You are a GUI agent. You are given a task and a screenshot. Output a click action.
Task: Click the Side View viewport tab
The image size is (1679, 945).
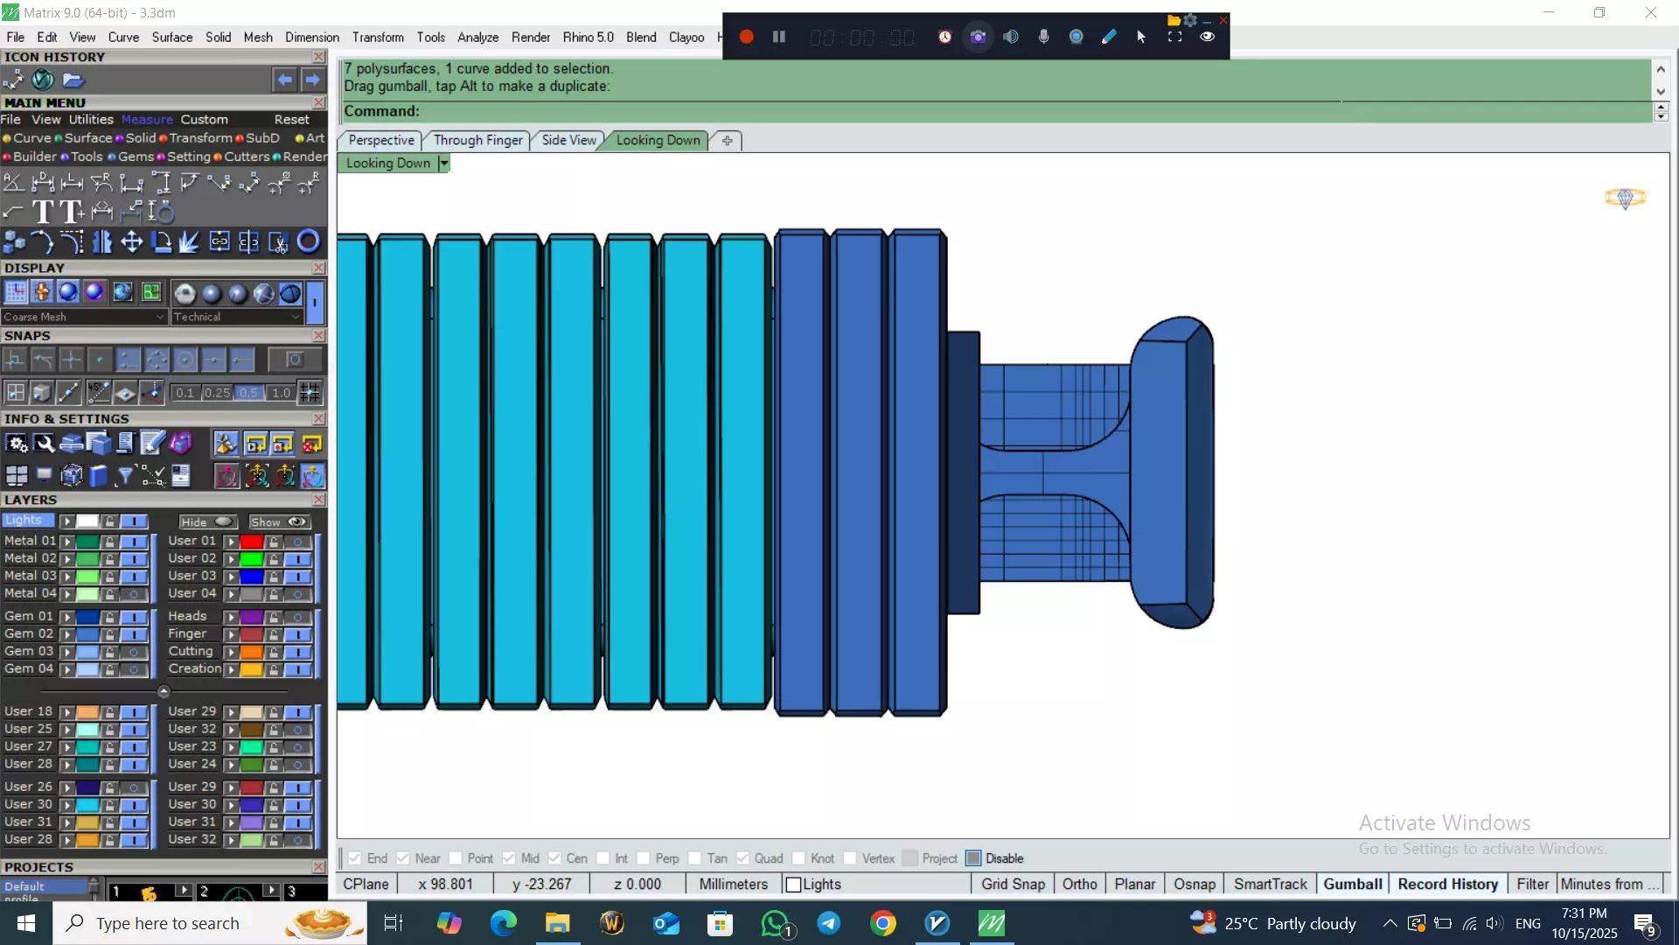568,140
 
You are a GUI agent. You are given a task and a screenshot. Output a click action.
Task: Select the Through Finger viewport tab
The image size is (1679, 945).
477,140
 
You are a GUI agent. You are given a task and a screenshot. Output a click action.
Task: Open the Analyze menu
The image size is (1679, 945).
477,37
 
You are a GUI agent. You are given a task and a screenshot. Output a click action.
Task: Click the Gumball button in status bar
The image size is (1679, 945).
1352,884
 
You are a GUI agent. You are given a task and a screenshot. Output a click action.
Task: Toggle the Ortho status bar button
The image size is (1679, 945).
1079,884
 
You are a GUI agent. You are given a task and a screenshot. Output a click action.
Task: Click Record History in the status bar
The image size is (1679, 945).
1447,884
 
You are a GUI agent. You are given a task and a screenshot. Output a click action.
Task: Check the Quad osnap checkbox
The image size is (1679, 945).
743,858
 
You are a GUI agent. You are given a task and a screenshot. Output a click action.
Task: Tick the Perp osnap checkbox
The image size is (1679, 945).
644,858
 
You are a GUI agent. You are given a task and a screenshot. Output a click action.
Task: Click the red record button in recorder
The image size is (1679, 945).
746,37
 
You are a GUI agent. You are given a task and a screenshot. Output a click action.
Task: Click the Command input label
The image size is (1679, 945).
381,111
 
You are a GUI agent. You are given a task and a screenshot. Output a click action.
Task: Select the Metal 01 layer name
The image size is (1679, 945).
30,541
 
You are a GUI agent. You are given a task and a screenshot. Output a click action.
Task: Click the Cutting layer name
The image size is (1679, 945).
191,651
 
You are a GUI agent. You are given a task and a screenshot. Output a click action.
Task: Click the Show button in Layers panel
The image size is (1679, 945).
279,521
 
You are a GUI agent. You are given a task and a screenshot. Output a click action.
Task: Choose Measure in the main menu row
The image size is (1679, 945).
147,119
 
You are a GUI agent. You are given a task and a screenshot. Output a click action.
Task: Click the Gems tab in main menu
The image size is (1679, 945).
136,157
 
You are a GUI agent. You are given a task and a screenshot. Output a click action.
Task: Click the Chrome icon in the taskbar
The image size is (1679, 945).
883,923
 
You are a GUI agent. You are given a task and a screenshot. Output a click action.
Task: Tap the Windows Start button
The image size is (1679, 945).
25,923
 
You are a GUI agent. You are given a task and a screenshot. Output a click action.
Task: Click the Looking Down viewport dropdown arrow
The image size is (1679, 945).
443,163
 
